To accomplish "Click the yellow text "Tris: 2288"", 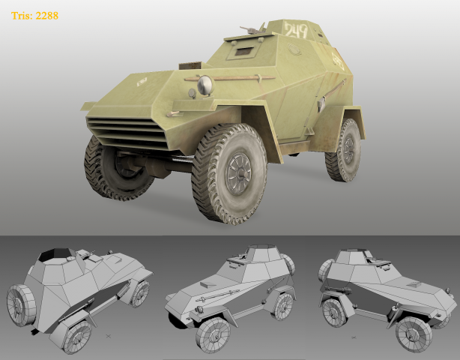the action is [x=34, y=16].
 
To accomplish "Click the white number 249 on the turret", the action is [x=296, y=30].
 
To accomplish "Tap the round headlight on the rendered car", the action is [x=205, y=85].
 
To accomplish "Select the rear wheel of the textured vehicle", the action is [x=343, y=150].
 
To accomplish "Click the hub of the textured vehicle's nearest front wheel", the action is [x=238, y=174].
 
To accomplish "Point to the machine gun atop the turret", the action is [x=252, y=29].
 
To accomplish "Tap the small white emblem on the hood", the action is [x=142, y=82].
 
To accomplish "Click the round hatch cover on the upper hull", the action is [x=294, y=49].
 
